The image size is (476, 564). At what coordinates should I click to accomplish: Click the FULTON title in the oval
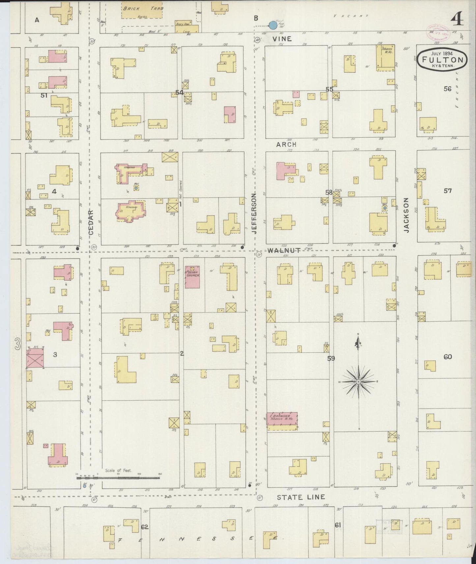442,60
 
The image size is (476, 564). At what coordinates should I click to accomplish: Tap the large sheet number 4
458,20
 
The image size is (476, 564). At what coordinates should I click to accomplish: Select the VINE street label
282,39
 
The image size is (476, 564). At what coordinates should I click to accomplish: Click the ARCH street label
286,144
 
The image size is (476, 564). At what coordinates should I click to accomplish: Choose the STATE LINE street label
300,497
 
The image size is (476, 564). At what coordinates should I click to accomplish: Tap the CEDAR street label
91,222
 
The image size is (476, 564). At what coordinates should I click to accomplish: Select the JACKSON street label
406,215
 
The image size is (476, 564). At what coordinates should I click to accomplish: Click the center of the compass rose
358,381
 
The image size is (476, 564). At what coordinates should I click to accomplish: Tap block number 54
179,92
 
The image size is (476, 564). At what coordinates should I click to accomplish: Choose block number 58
329,192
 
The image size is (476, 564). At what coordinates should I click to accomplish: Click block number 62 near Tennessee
145,527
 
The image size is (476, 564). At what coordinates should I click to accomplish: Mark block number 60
447,357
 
